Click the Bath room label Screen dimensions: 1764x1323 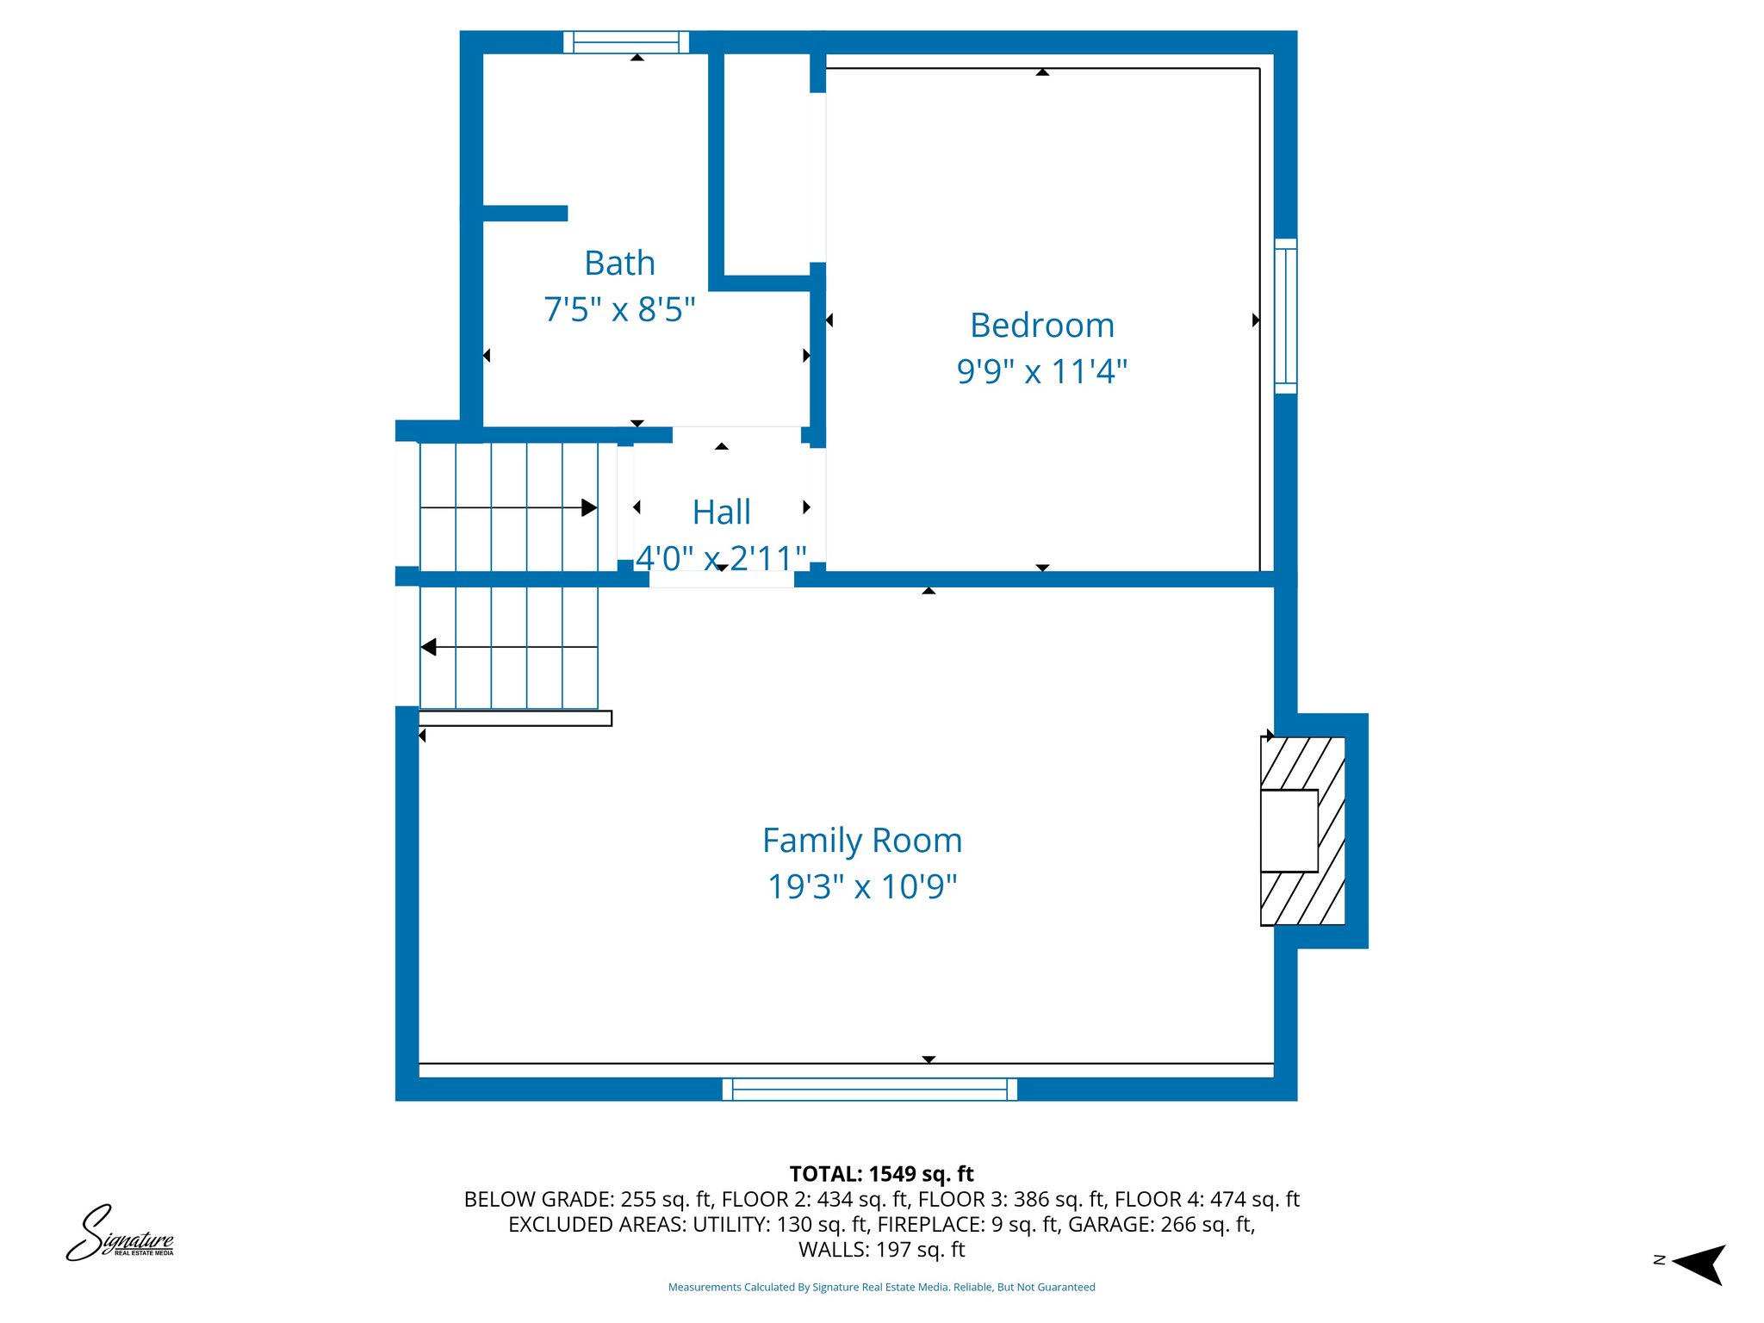coord(619,263)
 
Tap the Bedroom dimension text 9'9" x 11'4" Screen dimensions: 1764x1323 coord(1042,371)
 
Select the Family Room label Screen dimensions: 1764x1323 coord(862,841)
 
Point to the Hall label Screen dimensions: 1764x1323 coord(722,512)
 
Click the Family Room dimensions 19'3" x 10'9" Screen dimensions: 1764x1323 coord(862,886)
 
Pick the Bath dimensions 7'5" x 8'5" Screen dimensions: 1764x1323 coord(619,309)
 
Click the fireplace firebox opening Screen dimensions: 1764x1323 coord(1289,830)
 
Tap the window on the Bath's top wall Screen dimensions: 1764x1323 coord(626,42)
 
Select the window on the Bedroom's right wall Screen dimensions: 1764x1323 coord(1285,316)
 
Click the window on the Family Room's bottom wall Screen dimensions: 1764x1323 coord(870,1090)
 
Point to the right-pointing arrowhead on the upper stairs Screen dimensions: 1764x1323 coord(589,507)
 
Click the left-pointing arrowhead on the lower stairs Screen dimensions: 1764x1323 coord(428,647)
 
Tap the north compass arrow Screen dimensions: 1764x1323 coord(1699,1264)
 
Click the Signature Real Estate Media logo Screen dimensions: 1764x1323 coord(121,1233)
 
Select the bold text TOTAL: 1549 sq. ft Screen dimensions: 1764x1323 coord(881,1174)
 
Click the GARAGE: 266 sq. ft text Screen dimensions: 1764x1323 coord(1161,1224)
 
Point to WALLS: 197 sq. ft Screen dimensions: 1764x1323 coord(881,1249)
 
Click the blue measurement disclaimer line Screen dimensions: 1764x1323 coord(881,1287)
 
